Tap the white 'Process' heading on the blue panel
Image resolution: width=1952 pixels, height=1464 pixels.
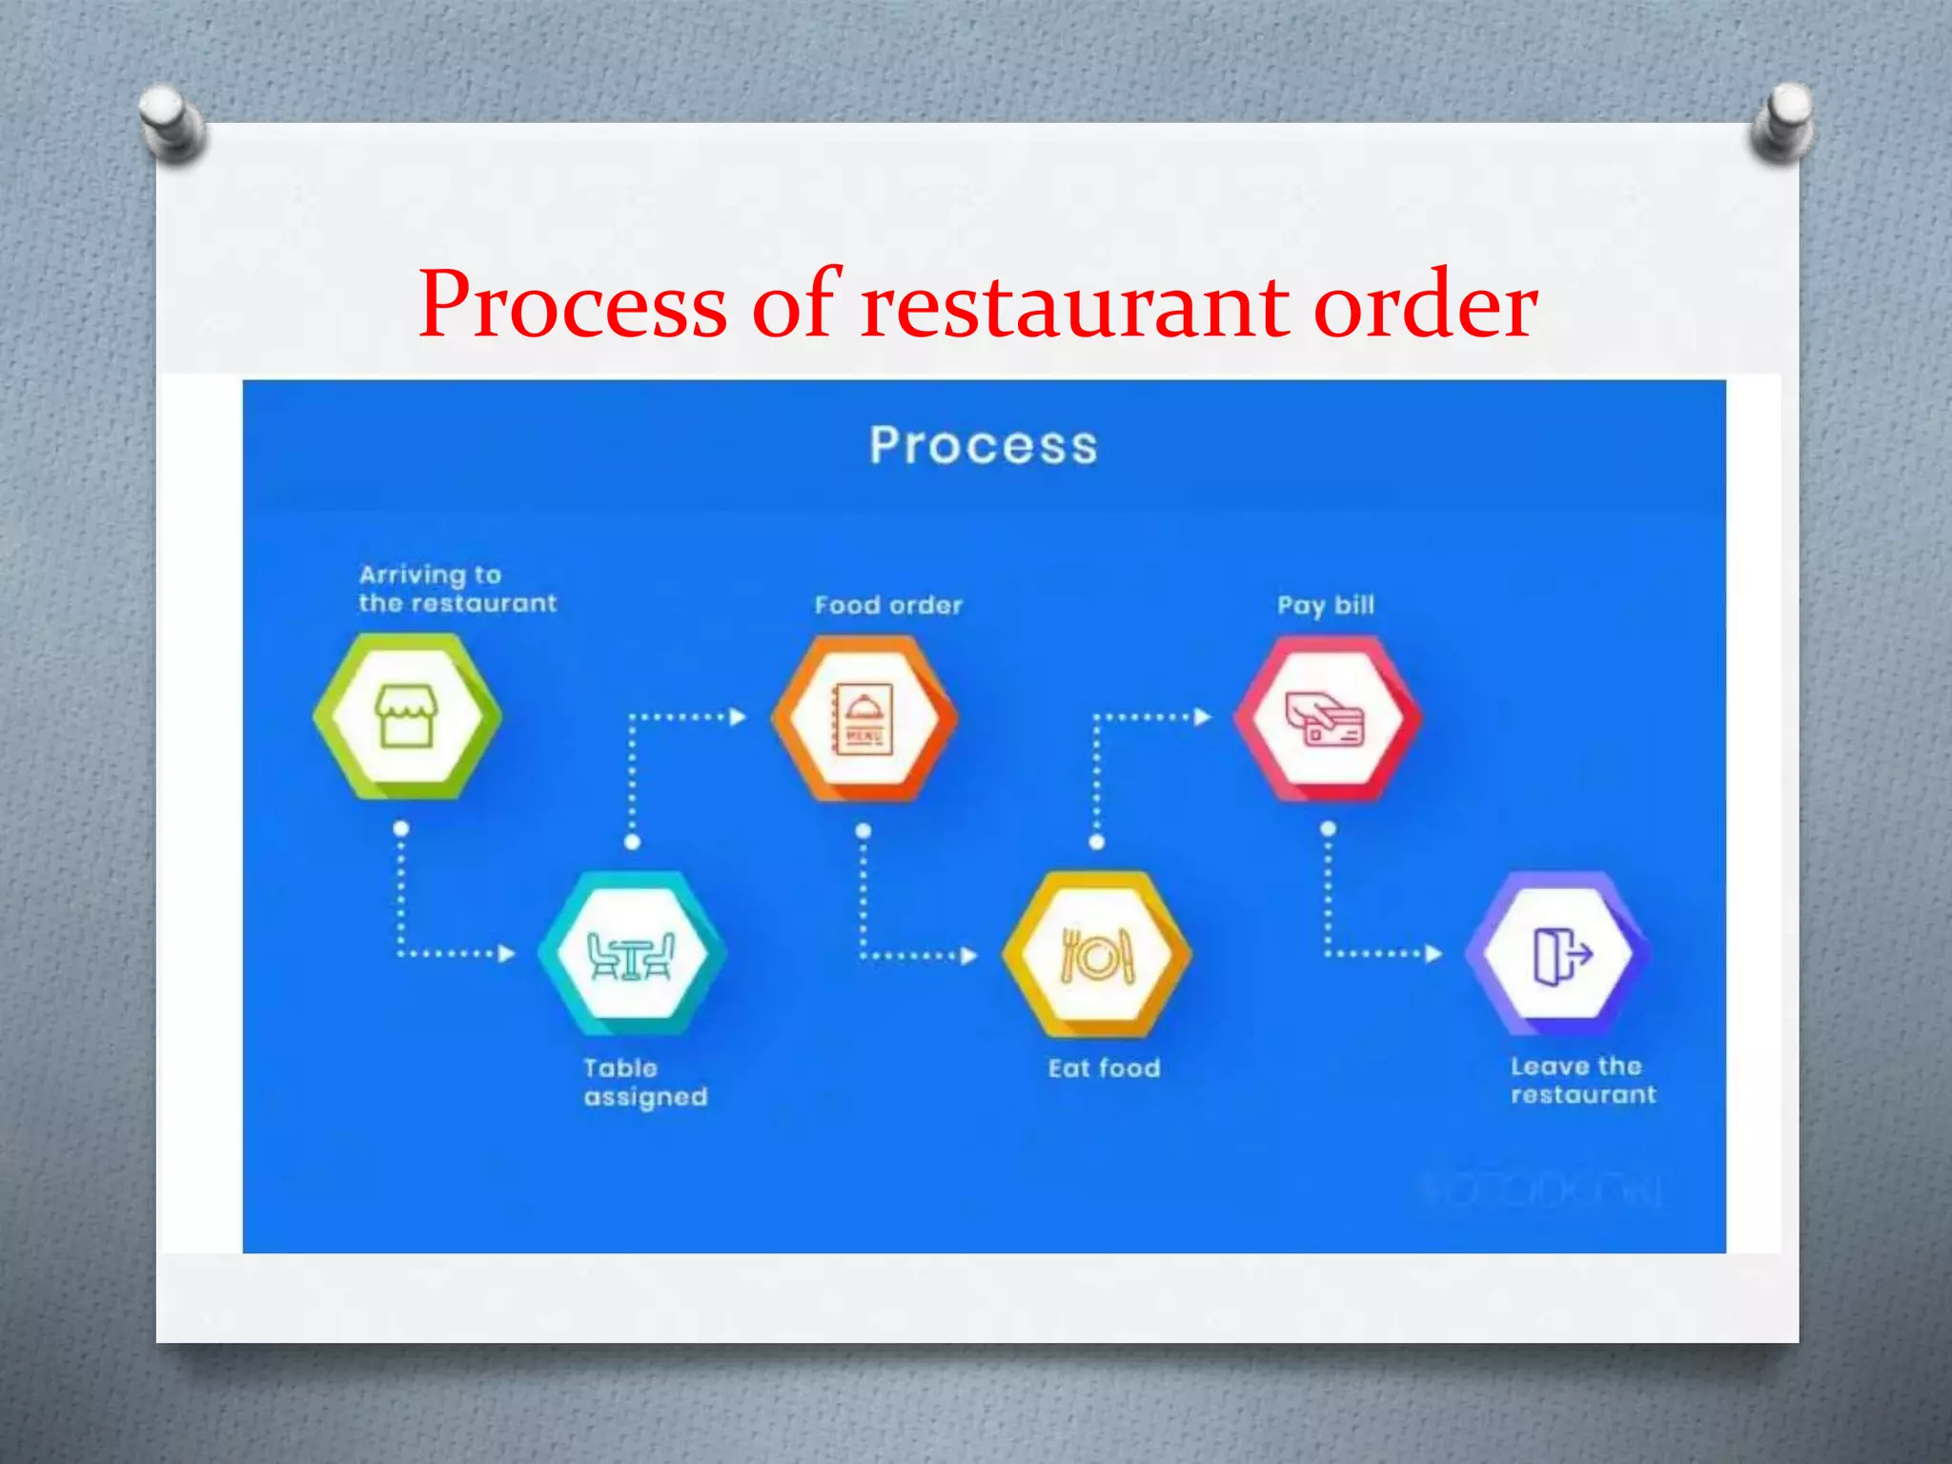point(983,445)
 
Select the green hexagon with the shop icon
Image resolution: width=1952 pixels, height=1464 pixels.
point(407,717)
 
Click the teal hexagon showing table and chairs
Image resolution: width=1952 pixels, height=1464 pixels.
point(632,953)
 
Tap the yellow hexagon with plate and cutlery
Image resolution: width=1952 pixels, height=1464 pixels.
point(1097,954)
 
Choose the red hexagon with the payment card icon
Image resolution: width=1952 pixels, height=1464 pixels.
point(1327,718)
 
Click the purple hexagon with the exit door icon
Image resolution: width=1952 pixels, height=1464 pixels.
point(1559,953)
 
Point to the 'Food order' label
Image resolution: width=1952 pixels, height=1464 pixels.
point(888,605)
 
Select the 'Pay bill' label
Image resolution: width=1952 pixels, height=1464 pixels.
point(1326,605)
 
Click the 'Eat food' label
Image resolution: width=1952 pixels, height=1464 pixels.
point(1104,1068)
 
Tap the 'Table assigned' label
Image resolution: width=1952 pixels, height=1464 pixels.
point(645,1083)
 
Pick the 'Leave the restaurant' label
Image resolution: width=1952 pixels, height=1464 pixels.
point(1582,1081)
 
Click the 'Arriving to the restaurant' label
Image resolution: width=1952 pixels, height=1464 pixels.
point(457,589)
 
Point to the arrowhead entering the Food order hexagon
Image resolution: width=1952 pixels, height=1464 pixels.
point(737,717)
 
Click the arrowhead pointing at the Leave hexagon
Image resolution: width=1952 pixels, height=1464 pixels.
point(1433,953)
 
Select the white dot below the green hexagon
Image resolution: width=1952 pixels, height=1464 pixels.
point(401,828)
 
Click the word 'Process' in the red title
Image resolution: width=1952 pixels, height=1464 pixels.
point(573,305)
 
